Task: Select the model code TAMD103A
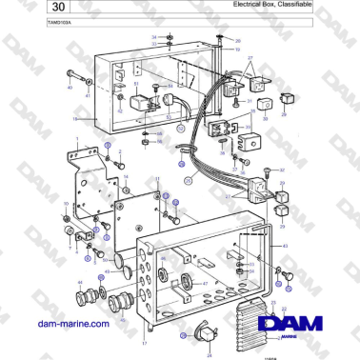pos(35,20)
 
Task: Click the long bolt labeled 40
pos(76,74)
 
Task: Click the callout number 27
pos(249,59)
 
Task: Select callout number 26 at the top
pos(238,42)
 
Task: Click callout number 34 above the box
pos(154,36)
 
